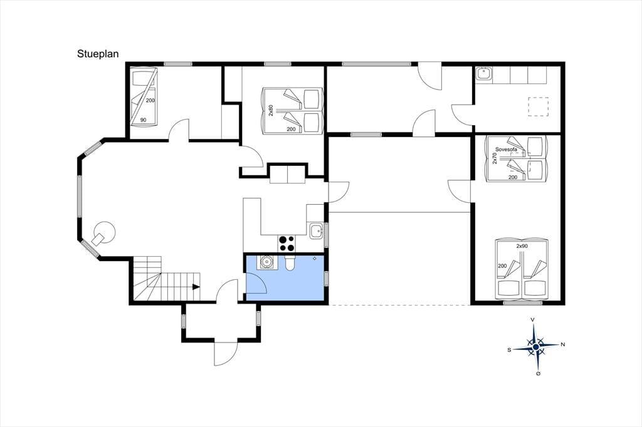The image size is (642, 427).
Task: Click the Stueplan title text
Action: [98, 54]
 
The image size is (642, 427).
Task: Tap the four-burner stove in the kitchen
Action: [287, 244]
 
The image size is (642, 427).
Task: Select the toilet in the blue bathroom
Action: [290, 263]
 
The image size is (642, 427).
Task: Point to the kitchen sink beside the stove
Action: [316, 231]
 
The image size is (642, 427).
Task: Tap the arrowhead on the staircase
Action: [196, 287]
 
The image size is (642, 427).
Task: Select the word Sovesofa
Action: [506, 149]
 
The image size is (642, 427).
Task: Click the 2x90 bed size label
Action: [522, 246]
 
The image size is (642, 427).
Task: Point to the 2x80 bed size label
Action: [271, 110]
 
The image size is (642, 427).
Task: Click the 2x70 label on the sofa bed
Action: [495, 158]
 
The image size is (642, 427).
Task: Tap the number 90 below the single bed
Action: [144, 120]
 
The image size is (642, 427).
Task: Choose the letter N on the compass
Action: [562, 345]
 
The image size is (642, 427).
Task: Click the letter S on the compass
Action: [509, 350]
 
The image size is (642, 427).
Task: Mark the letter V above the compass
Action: [533, 319]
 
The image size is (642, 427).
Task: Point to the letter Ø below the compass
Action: [537, 374]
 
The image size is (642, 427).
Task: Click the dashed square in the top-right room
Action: [538, 106]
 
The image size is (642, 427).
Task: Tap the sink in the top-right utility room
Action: [484, 74]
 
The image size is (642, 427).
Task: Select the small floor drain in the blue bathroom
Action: [315, 258]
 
